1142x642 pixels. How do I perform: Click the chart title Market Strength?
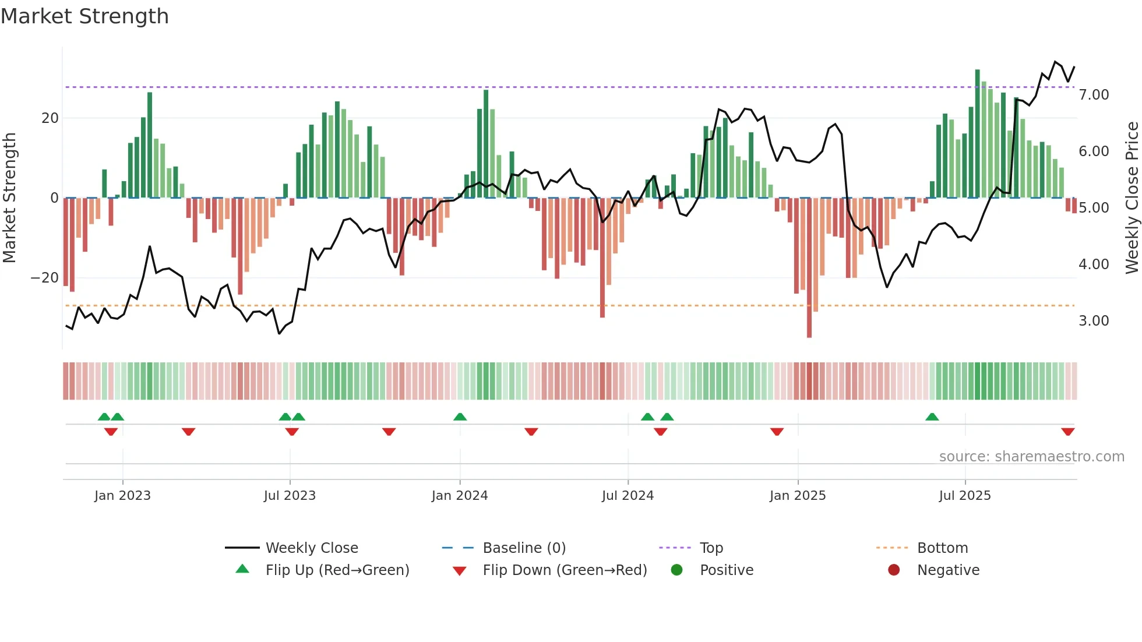point(84,16)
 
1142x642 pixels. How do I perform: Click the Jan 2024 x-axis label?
point(460,496)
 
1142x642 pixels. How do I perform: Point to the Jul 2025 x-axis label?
point(965,496)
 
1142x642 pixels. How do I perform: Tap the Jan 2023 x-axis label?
point(122,496)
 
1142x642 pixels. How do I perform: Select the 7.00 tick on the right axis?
point(1094,95)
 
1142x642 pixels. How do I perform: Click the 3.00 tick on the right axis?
point(1094,321)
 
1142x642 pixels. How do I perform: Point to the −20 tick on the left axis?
point(44,278)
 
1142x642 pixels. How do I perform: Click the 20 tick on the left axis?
point(50,118)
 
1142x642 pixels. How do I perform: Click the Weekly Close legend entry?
point(311,548)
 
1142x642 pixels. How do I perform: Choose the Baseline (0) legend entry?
point(524,548)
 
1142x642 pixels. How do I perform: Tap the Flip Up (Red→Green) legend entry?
point(337,570)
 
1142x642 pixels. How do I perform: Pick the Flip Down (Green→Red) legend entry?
point(564,570)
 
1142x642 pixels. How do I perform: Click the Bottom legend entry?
point(942,548)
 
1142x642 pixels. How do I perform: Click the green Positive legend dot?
point(676,570)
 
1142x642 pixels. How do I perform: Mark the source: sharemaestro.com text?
point(1031,457)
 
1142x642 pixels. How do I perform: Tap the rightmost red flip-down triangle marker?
point(1067,432)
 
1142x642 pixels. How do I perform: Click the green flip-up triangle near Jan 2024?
point(460,417)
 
